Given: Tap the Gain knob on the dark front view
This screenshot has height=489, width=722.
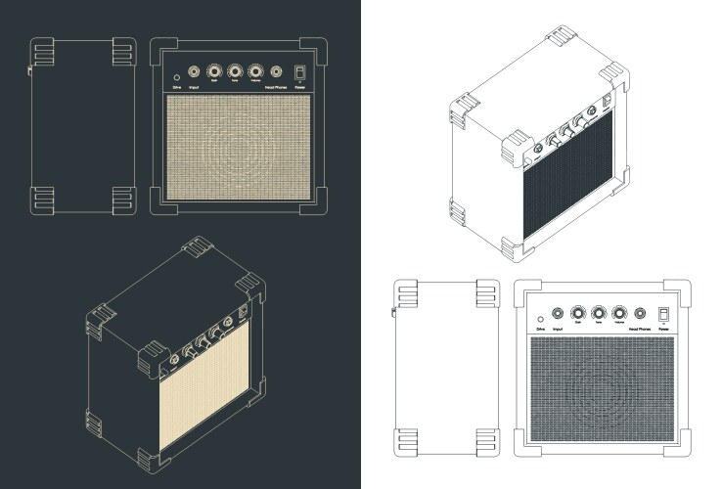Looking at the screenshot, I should point(214,71).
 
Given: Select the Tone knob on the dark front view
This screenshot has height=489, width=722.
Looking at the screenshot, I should point(235,71).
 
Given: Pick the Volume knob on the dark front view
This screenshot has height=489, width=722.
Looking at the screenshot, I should point(256,71).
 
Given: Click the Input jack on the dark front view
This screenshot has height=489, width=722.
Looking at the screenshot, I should point(194,71).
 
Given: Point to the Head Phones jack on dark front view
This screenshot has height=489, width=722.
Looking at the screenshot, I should point(277,71).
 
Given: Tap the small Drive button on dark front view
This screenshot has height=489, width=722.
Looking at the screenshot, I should point(176,76).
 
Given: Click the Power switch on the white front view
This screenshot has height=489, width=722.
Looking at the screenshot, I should point(663,314).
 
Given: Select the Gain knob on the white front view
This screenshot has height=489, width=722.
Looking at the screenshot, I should point(577,313).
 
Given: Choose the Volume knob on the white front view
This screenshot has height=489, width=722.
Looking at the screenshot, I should point(619,313).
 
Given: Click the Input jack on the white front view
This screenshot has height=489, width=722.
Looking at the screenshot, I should point(557,313).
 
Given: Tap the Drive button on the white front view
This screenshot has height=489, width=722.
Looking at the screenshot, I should point(539,319).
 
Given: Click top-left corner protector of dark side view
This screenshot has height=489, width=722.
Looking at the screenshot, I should point(43,48).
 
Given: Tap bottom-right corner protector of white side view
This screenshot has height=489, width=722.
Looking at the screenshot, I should point(486,442).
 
